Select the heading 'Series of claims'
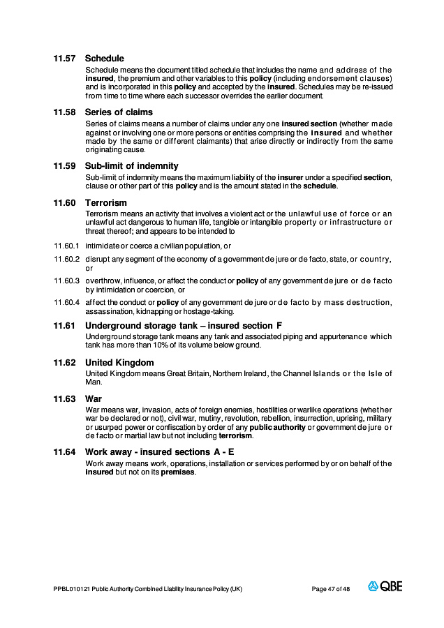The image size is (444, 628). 119,112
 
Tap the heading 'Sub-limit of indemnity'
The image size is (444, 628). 132,166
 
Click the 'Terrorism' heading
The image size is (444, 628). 106,203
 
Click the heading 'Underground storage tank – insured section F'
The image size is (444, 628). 184,326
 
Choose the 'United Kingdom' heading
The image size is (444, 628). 119,363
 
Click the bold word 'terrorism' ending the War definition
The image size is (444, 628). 235,435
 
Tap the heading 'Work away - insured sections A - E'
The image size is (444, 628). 160,452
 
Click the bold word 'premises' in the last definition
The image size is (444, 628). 178,472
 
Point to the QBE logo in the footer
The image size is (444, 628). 385,587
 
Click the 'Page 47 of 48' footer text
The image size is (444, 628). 330,590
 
